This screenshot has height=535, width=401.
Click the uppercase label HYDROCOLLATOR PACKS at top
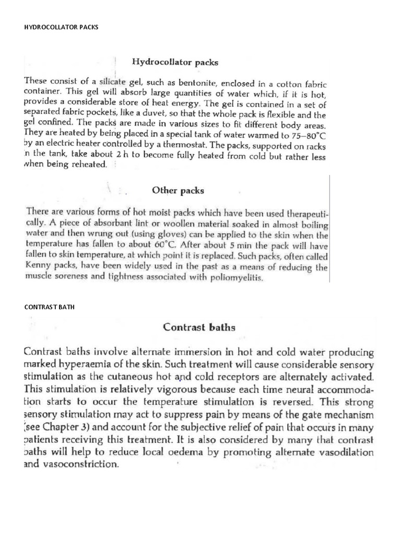click(61, 27)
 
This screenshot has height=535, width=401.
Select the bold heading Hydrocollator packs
click(175, 62)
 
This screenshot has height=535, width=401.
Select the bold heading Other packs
click(178, 190)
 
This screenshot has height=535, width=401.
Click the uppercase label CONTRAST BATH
click(50, 307)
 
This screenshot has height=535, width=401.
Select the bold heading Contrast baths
click(199, 328)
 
